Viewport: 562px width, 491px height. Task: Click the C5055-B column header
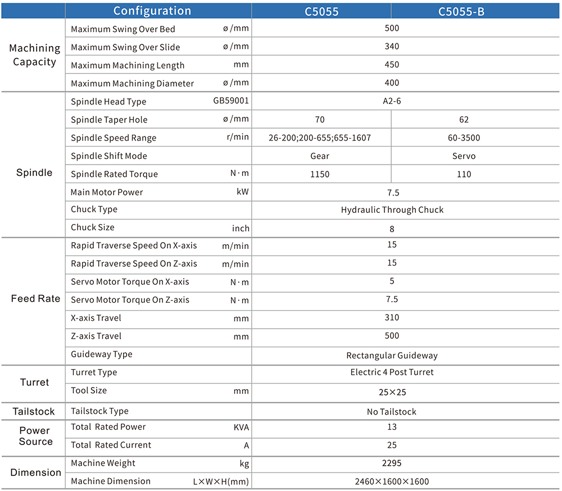[x=461, y=11]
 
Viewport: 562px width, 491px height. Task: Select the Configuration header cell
[x=152, y=11]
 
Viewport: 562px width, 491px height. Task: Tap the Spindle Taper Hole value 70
[x=320, y=119]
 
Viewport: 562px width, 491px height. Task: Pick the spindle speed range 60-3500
[x=464, y=138]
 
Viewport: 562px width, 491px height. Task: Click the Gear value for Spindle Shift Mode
[x=320, y=156]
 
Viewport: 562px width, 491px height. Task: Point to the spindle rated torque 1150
[x=320, y=174]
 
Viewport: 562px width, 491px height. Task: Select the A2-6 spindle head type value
[x=392, y=101]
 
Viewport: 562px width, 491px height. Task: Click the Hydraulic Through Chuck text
[x=392, y=210]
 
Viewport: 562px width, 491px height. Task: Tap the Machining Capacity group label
[x=34, y=55]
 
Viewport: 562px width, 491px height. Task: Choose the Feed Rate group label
[x=35, y=298]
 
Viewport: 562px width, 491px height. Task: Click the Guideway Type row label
[x=101, y=354]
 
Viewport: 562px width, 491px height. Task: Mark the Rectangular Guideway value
[x=392, y=356]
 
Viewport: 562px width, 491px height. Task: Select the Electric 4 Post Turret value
[x=392, y=372]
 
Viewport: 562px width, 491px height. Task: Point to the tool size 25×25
[x=392, y=393]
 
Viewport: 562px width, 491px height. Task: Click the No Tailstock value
[x=391, y=412]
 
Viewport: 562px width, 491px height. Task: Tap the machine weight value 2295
[x=392, y=463]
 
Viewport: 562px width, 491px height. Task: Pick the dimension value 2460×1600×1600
[x=392, y=481]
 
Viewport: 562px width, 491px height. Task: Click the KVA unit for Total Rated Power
[x=241, y=427]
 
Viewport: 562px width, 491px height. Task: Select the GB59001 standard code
[x=231, y=101]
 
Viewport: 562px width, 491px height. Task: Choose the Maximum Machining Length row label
[x=128, y=66]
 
